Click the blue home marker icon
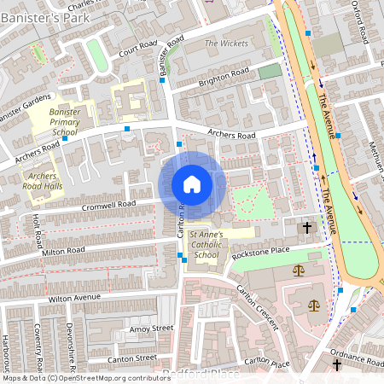point(192,183)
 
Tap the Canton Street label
point(133,358)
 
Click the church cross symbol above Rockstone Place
point(307,228)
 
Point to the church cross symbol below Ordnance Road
point(337,364)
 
